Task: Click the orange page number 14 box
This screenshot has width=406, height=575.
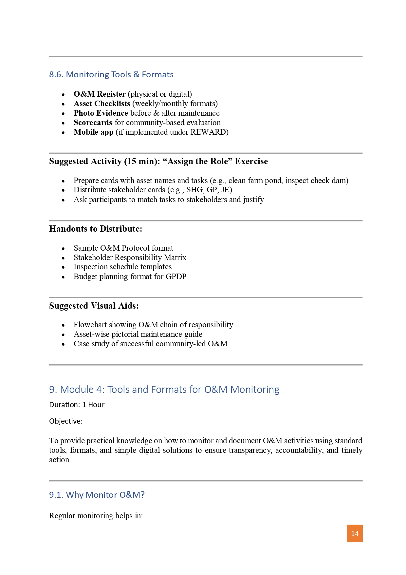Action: point(355,533)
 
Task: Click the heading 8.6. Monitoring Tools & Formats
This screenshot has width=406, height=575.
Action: point(111,74)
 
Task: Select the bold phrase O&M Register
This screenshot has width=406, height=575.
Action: point(100,94)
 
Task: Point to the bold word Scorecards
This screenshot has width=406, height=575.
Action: point(93,123)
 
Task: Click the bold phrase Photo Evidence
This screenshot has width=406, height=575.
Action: point(101,113)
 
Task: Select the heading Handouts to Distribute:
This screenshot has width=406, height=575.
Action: point(96,229)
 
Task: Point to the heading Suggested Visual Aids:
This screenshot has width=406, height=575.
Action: point(94,306)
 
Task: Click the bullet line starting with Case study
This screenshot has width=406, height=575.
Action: point(150,344)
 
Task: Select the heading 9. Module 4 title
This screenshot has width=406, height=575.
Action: point(164,389)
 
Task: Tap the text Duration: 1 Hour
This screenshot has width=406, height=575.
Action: point(77,405)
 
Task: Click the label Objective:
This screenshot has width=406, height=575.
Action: point(66,421)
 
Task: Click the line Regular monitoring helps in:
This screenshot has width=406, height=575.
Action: point(96,516)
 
